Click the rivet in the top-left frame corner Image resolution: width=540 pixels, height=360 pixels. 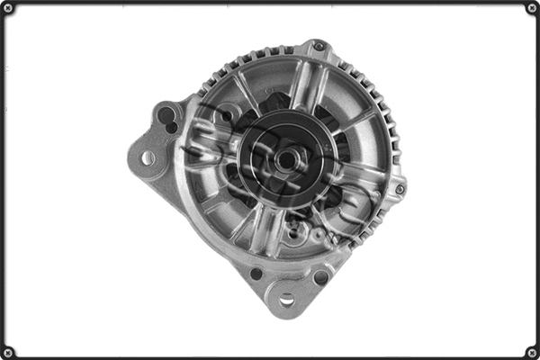[8, 8]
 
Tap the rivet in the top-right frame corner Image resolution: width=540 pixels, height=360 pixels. [531, 8]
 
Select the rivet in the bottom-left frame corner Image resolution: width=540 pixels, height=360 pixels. [8, 351]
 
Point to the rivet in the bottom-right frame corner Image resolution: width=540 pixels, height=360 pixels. [531, 351]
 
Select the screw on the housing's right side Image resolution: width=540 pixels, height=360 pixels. [399, 189]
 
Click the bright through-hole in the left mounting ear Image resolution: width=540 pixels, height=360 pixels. [148, 158]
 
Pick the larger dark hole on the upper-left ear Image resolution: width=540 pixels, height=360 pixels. [165, 114]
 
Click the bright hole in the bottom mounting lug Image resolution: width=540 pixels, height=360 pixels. [286, 298]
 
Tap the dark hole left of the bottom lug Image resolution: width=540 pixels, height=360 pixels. [256, 274]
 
